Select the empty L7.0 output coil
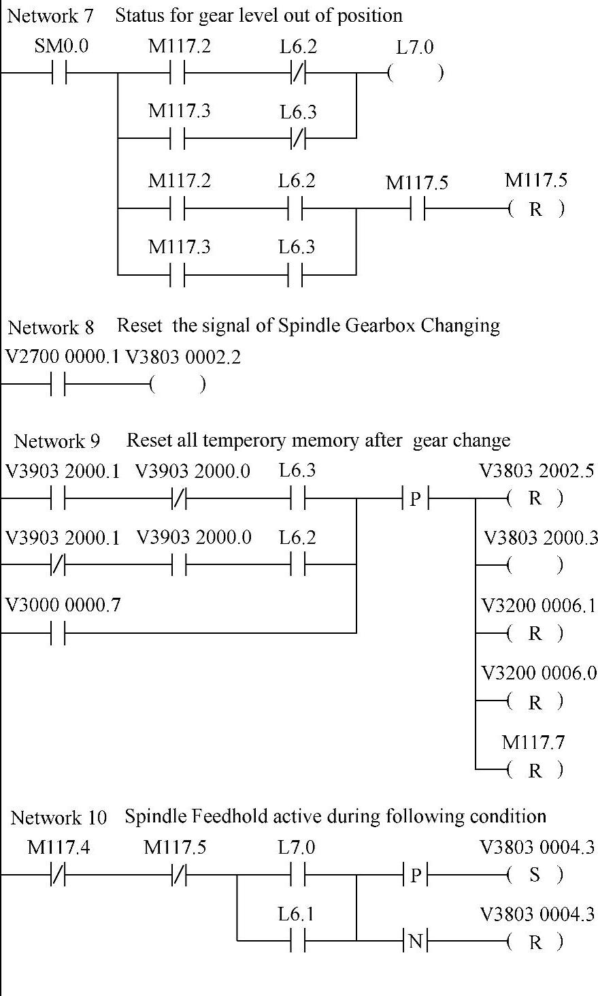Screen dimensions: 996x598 pyautogui.click(x=415, y=73)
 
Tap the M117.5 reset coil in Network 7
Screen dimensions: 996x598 pyautogui.click(x=535, y=209)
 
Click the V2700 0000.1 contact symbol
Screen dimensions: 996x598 pyautogui.click(x=59, y=386)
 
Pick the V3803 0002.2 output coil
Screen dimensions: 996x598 pyautogui.click(x=177, y=386)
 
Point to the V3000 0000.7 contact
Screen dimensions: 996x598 pyautogui.click(x=59, y=633)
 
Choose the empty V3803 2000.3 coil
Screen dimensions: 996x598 pyautogui.click(x=535, y=565)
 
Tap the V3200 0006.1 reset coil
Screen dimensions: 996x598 pyautogui.click(x=535, y=634)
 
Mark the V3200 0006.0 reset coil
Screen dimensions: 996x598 pyautogui.click(x=535, y=702)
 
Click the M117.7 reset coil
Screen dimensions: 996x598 pyautogui.click(x=535, y=770)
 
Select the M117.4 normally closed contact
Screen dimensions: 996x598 pyautogui.click(x=59, y=875)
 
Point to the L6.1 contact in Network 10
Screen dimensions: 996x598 pyautogui.click(x=297, y=942)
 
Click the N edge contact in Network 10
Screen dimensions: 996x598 pyautogui.click(x=416, y=942)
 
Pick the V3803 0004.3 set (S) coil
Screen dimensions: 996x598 pyautogui.click(x=535, y=875)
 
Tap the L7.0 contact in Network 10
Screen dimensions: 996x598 pyautogui.click(x=297, y=875)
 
